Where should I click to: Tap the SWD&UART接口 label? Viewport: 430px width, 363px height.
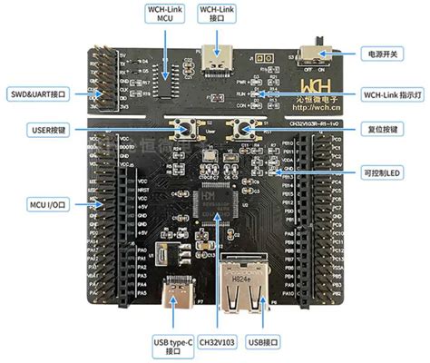pos(37,93)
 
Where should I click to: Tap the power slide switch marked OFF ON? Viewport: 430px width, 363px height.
pos(318,45)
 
